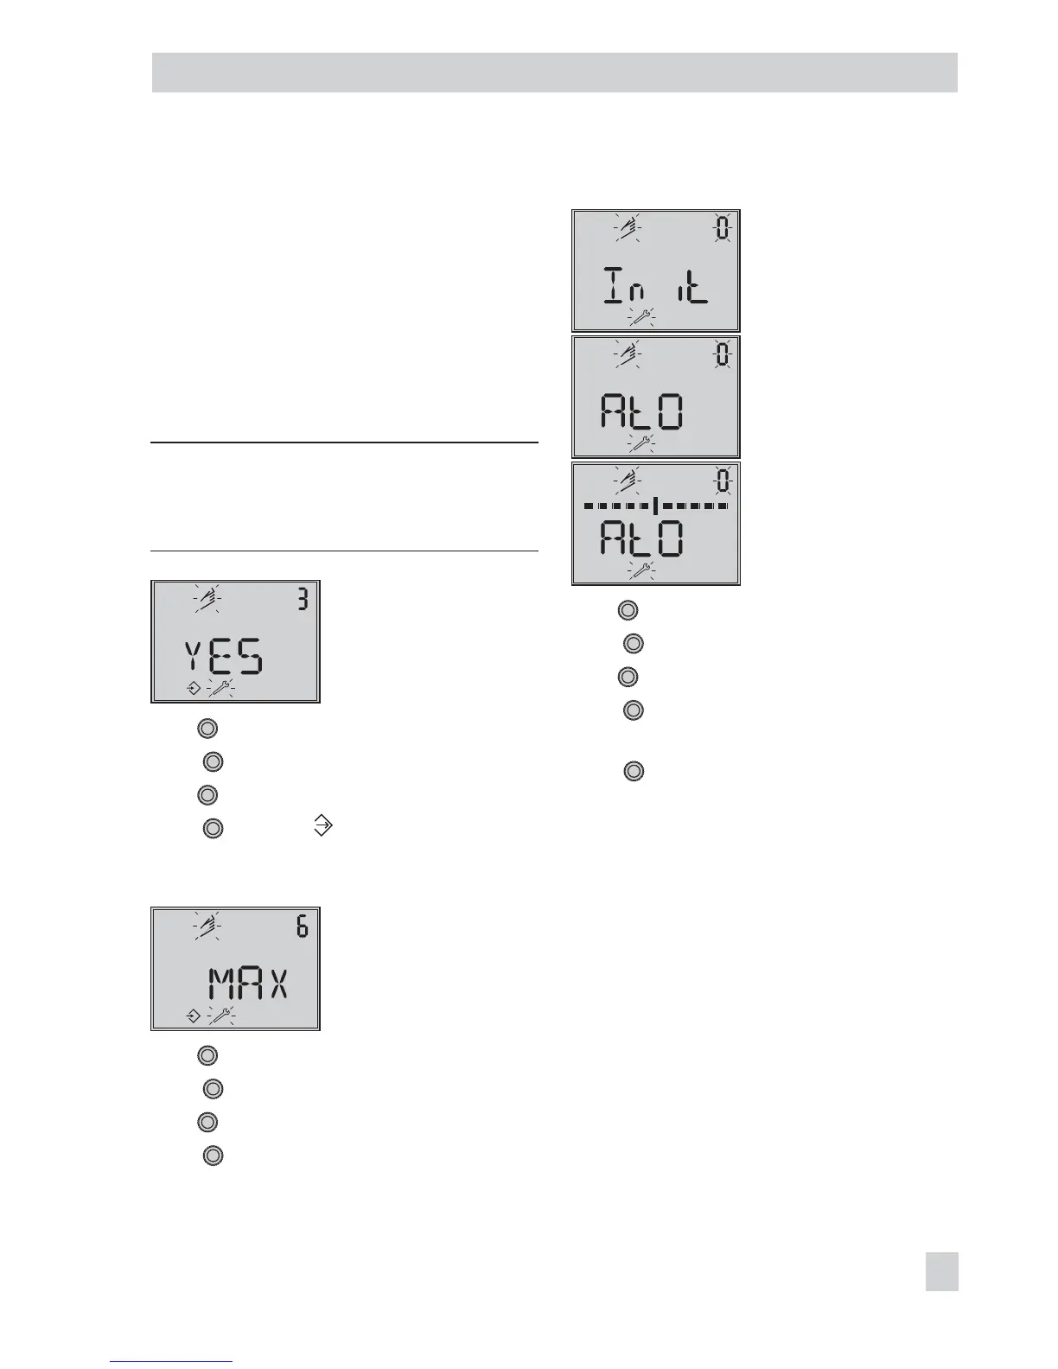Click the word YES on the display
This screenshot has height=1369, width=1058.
(x=224, y=659)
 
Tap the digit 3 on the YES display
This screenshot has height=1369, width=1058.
(x=303, y=599)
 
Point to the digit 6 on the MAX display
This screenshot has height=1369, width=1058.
(x=303, y=926)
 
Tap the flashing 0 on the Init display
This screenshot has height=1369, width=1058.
(x=723, y=229)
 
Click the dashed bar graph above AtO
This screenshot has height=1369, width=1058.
(x=656, y=505)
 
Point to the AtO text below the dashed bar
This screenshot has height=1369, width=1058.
(x=642, y=540)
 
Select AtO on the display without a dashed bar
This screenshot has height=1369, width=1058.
(x=642, y=413)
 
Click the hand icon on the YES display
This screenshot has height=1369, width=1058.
(x=207, y=599)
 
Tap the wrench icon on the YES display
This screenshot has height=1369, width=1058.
(x=220, y=689)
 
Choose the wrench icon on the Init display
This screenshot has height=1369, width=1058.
(x=641, y=317)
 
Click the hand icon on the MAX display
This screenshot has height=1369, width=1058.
(x=207, y=926)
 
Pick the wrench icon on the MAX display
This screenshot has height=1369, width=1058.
(x=220, y=1016)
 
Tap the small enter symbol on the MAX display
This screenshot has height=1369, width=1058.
(x=194, y=1016)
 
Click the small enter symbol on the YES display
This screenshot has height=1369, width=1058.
(x=194, y=689)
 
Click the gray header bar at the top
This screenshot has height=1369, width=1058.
(x=554, y=73)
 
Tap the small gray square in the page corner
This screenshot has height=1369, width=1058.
(x=941, y=1272)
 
